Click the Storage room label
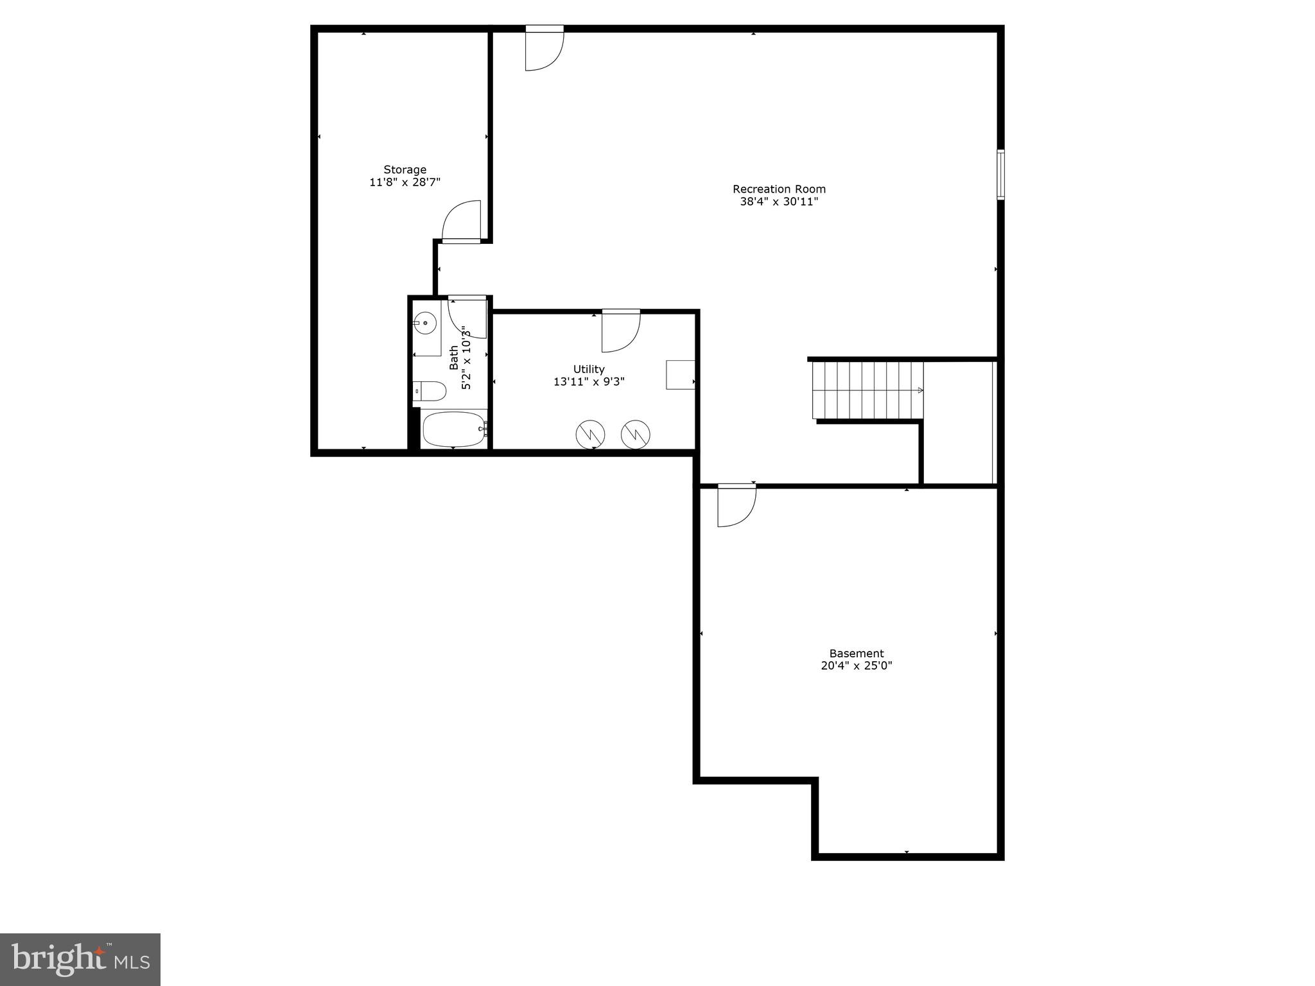[405, 169]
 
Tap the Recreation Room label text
[779, 189]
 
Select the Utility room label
[589, 369]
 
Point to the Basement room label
[856, 653]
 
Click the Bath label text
[455, 358]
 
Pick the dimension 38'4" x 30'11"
[779, 202]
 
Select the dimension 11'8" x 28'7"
[405, 182]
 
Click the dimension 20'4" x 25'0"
[856, 666]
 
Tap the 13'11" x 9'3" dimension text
[589, 382]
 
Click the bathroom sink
[424, 323]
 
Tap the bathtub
[453, 429]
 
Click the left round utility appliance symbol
[590, 435]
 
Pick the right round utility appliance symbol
[635, 435]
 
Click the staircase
[867, 390]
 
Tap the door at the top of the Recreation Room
[543, 49]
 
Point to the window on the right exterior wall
[1000, 175]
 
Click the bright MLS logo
[80, 959]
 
